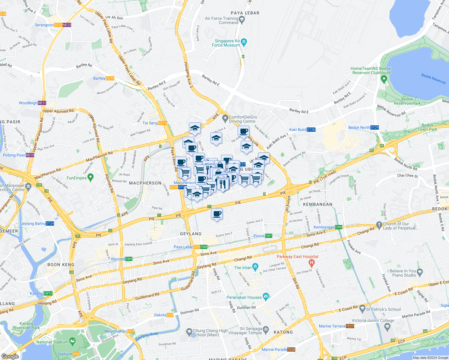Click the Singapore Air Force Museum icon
(x=244, y=42)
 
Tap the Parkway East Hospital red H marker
(x=312, y=263)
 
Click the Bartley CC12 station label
(x=104, y=78)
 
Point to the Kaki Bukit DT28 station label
(x=302, y=130)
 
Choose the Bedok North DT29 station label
(x=363, y=127)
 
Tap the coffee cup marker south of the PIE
(x=217, y=214)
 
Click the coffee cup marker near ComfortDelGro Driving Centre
(x=243, y=131)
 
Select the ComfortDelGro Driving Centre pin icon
(x=225, y=119)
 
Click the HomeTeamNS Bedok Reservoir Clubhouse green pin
(x=384, y=79)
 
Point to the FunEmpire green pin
(x=91, y=178)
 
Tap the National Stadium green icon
(x=72, y=341)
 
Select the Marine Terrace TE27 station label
(x=336, y=326)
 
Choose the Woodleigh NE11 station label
(x=32, y=103)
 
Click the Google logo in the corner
(x=10, y=356)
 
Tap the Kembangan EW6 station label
(x=328, y=227)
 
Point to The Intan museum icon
(x=255, y=267)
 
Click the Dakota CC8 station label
(x=164, y=315)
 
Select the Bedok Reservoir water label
(x=433, y=79)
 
